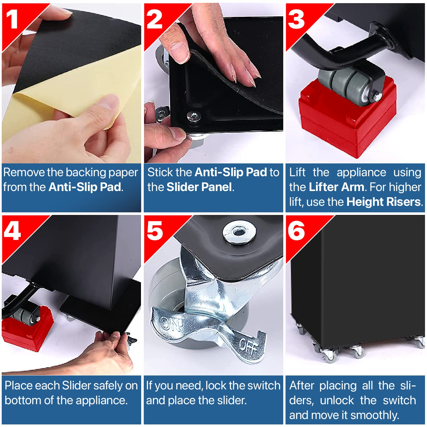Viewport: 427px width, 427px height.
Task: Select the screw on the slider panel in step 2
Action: point(194,116)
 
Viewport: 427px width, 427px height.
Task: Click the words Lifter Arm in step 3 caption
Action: point(336,187)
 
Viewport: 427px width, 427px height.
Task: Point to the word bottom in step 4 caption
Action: point(23,400)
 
